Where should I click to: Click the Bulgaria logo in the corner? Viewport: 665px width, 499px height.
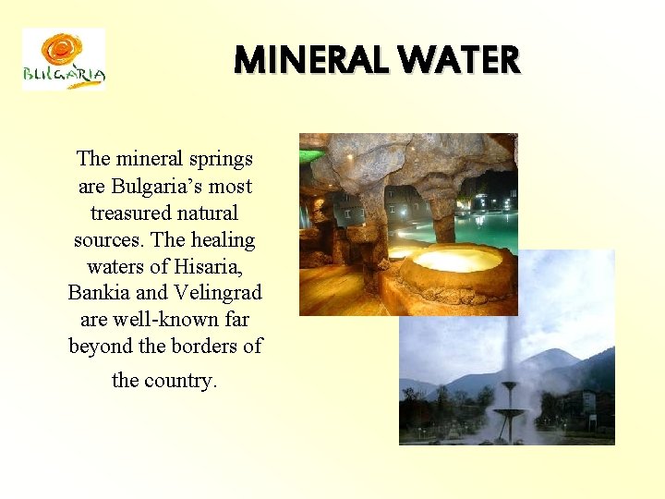63,60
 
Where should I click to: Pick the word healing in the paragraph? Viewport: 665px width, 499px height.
223,240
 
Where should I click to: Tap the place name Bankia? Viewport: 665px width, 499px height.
99,293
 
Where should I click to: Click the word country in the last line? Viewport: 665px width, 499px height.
181,380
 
